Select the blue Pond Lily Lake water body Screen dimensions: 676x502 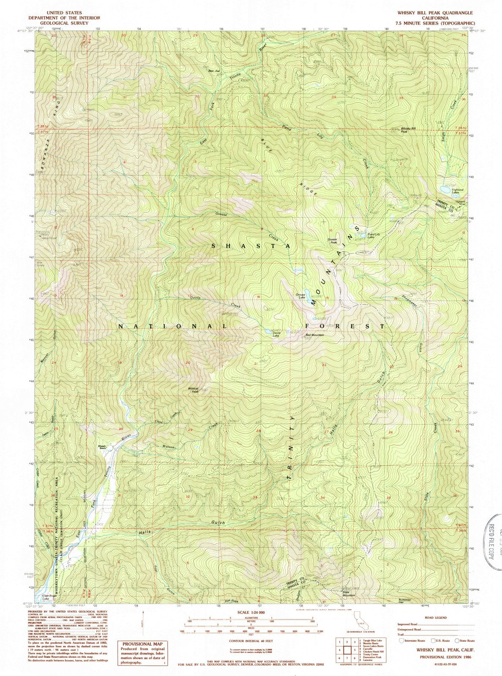(362, 234)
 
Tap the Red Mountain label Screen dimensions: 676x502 (314, 335)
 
